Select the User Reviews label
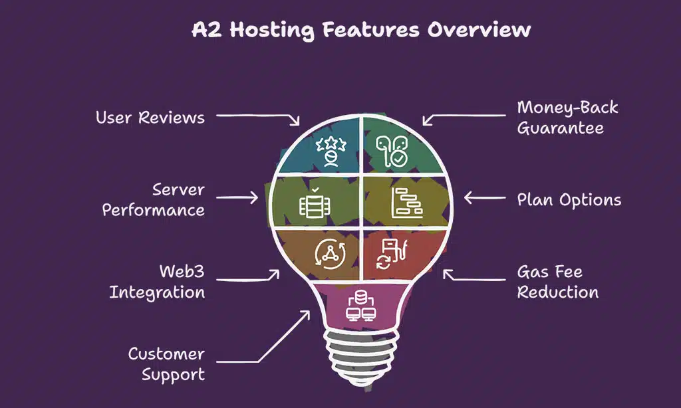point(150,118)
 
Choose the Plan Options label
point(569,199)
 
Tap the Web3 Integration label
point(158,282)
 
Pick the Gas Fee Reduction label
point(557,282)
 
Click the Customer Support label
point(166,364)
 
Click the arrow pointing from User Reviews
point(259,118)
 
